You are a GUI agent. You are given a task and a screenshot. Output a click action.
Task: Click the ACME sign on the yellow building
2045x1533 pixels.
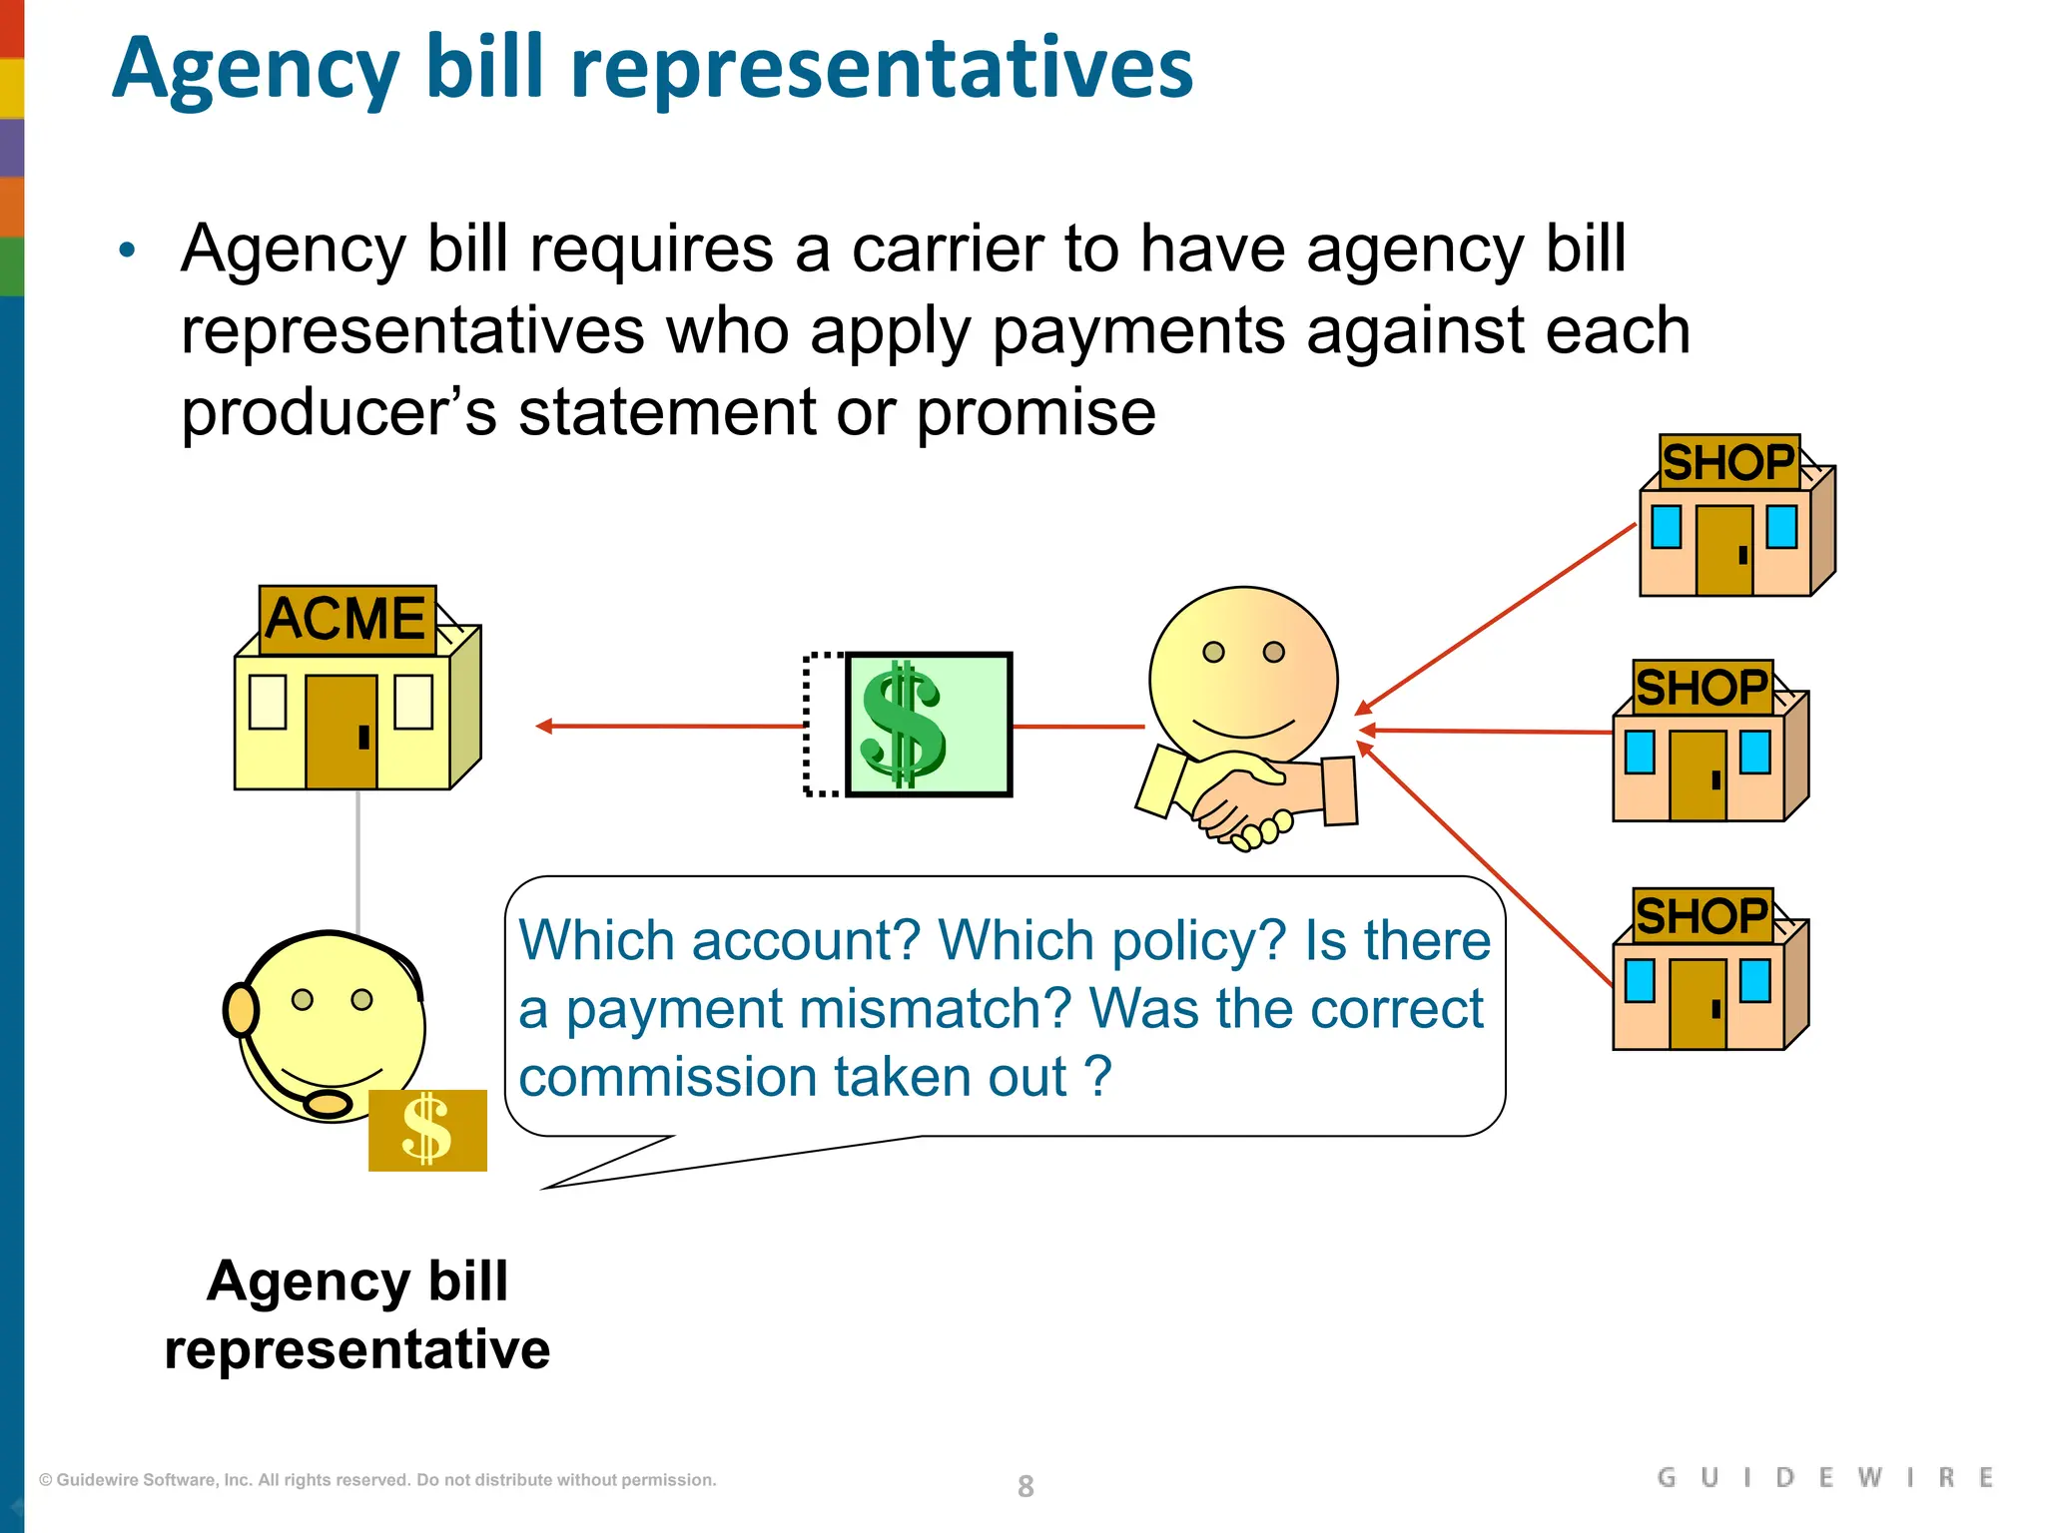coord(346,619)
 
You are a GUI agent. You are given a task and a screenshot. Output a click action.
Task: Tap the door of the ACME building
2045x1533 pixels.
coord(341,732)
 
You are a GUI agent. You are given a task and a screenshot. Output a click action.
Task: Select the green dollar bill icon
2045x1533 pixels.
coord(928,725)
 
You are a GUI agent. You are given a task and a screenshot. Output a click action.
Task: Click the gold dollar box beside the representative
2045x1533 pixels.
coord(427,1130)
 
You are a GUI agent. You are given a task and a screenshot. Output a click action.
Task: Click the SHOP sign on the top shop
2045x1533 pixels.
coord(1728,462)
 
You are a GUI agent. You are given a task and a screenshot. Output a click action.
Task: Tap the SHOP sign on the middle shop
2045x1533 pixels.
coord(1703,687)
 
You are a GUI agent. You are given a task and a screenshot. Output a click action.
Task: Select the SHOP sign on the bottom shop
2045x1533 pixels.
coord(1703,915)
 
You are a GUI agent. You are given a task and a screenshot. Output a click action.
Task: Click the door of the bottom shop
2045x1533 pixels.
coord(1698,1003)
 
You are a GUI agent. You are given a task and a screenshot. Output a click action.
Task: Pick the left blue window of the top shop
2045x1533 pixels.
coord(1666,526)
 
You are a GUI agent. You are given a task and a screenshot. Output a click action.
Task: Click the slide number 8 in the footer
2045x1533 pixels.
coord(1025,1486)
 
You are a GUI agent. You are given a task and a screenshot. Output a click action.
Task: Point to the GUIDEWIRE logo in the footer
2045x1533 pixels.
coord(1824,1477)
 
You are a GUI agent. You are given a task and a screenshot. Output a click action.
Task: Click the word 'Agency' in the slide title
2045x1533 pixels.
coord(256,70)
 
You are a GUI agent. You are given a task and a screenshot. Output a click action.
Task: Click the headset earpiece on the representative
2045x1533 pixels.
coord(240,1010)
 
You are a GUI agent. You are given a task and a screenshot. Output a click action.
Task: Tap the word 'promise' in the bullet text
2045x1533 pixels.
coord(1035,412)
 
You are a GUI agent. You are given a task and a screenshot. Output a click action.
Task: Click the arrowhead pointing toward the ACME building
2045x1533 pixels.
coord(544,726)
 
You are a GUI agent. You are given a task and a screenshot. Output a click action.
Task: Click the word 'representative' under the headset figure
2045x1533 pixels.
coord(356,1349)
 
